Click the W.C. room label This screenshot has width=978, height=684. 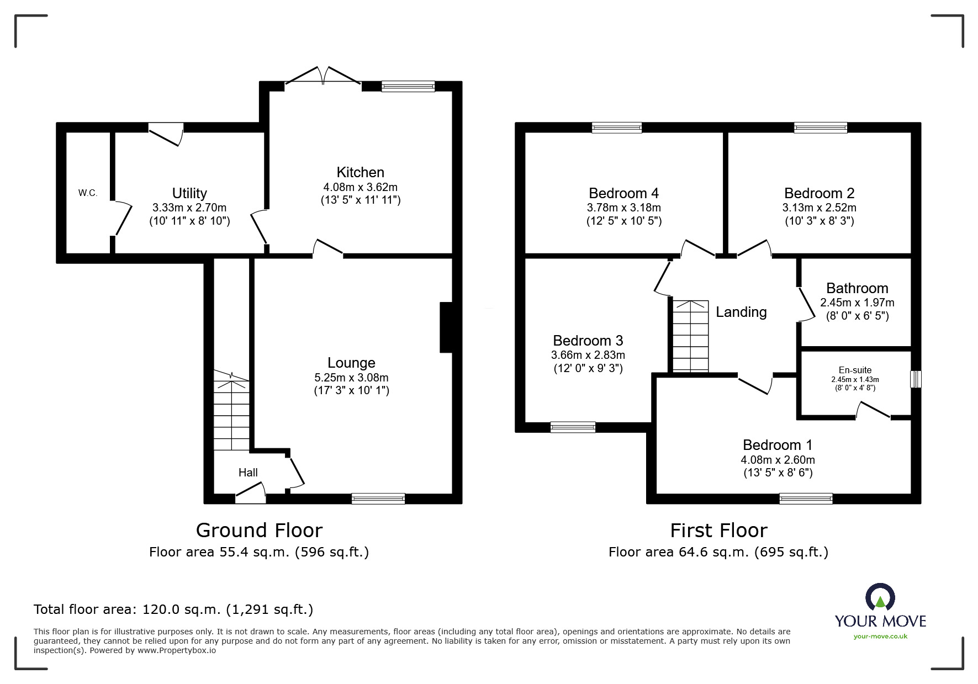88,193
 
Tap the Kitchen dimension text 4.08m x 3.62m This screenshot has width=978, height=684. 361,187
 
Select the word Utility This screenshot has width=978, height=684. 189,193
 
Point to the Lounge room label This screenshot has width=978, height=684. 351,363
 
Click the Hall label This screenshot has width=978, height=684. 248,473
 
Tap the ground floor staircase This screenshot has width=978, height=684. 231,411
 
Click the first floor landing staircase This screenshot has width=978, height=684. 690,336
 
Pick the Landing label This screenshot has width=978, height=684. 741,312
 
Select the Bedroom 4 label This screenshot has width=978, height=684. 623,193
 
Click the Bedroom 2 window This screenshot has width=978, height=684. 821,128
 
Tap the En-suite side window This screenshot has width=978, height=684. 916,379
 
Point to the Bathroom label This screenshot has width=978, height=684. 857,288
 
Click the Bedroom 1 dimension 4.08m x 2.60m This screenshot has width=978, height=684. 778,460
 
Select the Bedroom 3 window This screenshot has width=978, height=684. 573,427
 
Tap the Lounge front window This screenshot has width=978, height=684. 378,499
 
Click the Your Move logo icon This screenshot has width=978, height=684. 880,597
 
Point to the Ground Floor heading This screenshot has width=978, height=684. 259,531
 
